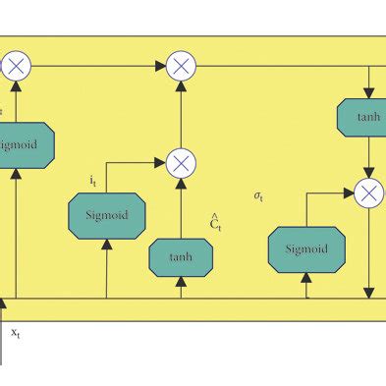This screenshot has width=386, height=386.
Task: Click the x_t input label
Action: click(x=16, y=334)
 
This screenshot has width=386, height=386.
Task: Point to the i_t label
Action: click(x=91, y=182)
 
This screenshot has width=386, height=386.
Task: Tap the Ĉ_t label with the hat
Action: click(x=214, y=223)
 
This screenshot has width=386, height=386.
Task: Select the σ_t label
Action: click(x=258, y=196)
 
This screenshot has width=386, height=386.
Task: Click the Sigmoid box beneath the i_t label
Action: click(x=106, y=213)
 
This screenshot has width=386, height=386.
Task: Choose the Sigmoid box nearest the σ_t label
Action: click(x=305, y=249)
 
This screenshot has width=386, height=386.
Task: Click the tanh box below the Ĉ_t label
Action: click(x=181, y=256)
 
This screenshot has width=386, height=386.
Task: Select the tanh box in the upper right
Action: click(x=367, y=117)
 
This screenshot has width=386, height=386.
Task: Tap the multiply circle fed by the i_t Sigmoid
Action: click(x=181, y=162)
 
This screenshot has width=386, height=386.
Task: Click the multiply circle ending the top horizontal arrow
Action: click(x=181, y=66)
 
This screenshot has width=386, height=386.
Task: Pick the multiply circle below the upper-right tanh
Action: click(x=369, y=193)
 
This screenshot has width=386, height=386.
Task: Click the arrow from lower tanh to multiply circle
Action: click(x=181, y=207)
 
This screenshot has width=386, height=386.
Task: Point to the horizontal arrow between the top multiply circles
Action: click(x=98, y=66)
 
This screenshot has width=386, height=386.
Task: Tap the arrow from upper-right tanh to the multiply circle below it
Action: click(x=368, y=157)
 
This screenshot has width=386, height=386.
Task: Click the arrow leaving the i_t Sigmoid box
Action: click(x=132, y=163)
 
